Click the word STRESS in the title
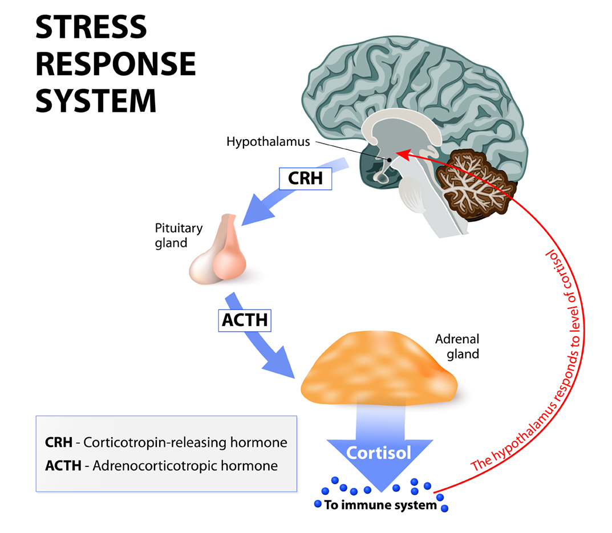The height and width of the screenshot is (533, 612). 91,27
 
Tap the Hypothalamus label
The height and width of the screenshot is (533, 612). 268,141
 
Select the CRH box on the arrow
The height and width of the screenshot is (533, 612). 305,178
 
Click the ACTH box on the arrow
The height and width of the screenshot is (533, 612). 244,319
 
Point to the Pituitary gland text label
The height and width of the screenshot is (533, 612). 178,235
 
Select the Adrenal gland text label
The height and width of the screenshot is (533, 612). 456,346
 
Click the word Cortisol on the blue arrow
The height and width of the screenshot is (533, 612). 379,453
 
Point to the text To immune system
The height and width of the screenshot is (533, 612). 380,504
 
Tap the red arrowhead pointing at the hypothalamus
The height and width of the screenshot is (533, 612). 402,153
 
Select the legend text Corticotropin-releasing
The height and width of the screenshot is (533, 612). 150,443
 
